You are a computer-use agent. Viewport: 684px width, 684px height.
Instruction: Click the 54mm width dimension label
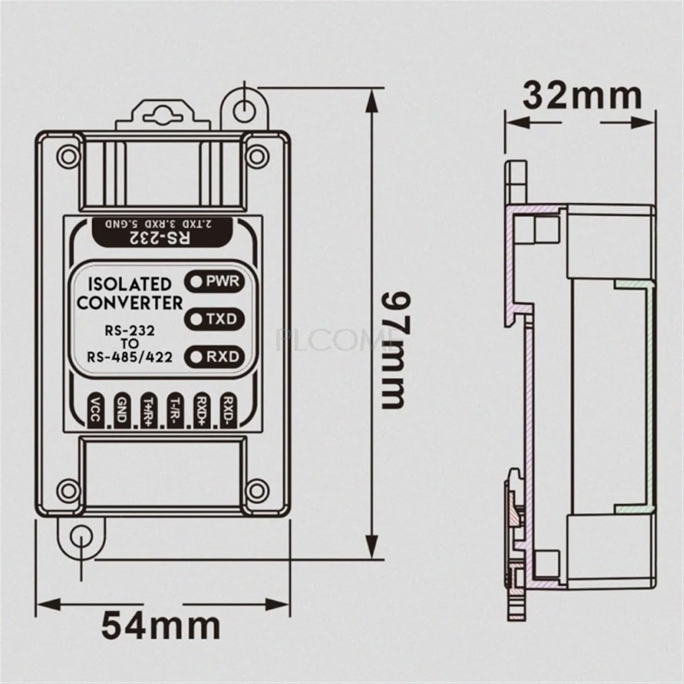pos(161,626)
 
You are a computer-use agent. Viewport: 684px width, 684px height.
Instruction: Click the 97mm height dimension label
pos(393,350)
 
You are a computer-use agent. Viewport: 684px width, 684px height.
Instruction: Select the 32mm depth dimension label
pos(582,96)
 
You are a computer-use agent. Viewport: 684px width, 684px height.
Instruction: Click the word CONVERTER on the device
pos(130,303)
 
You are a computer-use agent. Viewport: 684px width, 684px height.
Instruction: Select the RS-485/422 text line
pos(130,357)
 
